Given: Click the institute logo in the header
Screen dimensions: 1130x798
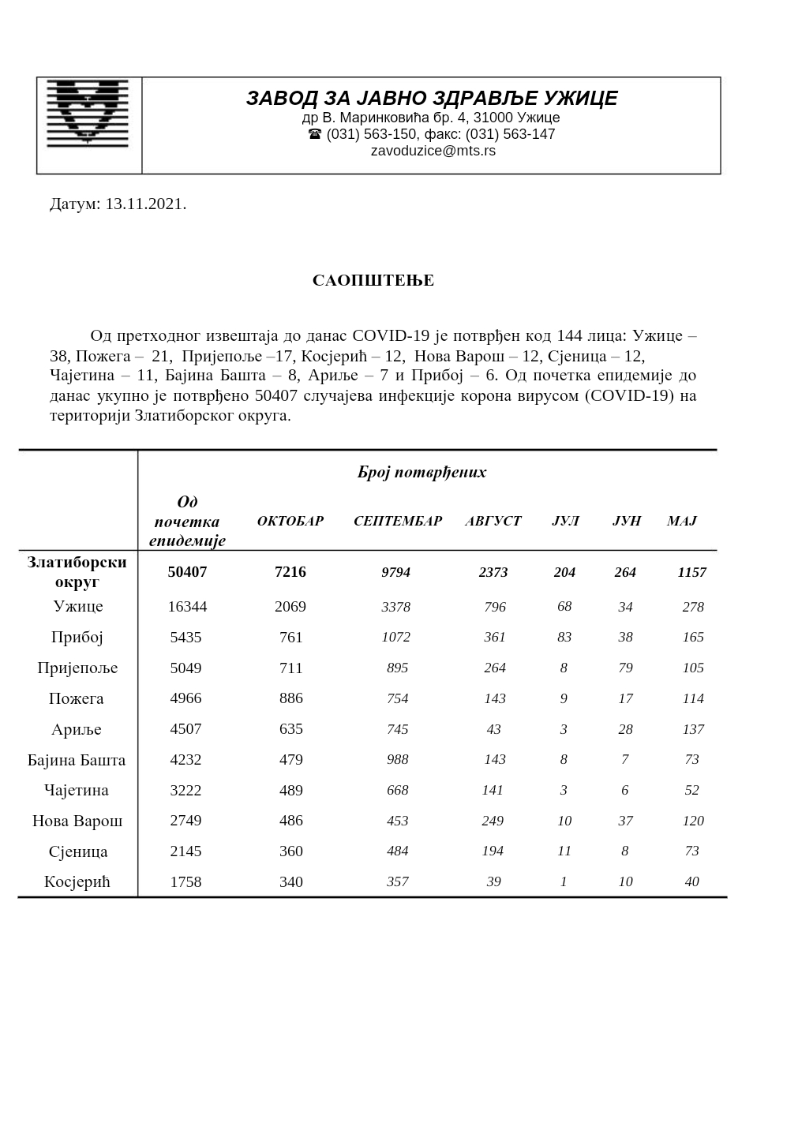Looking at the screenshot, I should click(x=88, y=113).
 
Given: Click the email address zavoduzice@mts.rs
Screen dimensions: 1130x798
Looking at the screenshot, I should click(x=433, y=151).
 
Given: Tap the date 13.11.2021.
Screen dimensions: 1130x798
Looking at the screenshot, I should click(x=145, y=204).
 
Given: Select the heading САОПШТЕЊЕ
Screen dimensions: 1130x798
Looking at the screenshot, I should click(x=373, y=281).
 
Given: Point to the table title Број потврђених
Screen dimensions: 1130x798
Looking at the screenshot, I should click(x=421, y=473).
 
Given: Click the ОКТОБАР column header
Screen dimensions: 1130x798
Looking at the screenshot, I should click(x=290, y=522).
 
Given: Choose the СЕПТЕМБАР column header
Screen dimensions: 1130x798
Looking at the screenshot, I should click(x=398, y=522).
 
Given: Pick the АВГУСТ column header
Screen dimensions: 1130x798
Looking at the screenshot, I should click(x=493, y=522).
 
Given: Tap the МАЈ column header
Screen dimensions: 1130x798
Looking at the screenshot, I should click(x=682, y=522).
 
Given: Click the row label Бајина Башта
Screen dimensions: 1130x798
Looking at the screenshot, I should click(x=77, y=761).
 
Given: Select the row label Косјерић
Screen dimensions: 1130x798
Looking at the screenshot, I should click(x=77, y=882).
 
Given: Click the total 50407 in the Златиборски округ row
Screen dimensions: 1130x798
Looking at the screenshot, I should click(x=187, y=572).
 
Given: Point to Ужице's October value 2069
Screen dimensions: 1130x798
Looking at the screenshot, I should click(x=290, y=607).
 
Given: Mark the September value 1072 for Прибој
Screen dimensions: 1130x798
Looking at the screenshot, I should click(x=396, y=637).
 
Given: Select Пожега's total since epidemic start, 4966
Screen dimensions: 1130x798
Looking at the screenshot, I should click(x=186, y=698).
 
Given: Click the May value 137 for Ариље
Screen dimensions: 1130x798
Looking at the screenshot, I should click(x=693, y=729).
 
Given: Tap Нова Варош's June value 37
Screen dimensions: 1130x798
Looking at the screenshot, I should click(x=626, y=821).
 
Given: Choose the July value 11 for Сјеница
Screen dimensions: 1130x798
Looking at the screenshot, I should click(x=564, y=851).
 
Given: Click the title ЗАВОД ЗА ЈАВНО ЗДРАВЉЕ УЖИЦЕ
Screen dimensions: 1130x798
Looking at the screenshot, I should click(x=432, y=99).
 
